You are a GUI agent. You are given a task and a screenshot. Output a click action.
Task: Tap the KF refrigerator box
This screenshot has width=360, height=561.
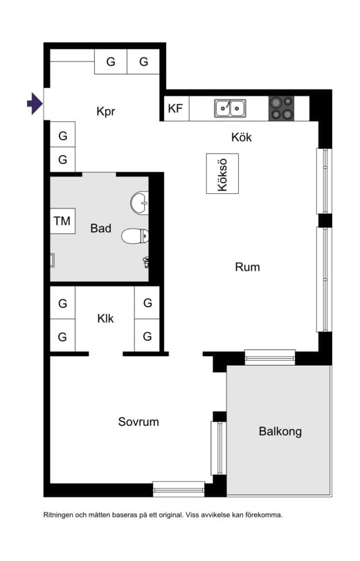175,109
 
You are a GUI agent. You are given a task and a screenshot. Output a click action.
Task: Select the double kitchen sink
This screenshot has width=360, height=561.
229,108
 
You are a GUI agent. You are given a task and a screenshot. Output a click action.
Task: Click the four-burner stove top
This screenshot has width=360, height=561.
281,108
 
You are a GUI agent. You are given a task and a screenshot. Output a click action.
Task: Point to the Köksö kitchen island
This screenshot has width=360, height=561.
222,173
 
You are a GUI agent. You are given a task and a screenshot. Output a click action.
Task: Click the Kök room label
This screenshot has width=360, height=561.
241,137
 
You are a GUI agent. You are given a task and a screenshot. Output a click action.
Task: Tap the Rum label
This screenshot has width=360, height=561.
247,267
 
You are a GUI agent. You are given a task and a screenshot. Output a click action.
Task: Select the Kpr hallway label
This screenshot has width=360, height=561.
106,111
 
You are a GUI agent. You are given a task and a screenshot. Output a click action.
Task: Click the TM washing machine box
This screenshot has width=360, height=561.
62,222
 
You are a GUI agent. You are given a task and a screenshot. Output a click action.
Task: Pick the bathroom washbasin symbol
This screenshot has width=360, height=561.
139,203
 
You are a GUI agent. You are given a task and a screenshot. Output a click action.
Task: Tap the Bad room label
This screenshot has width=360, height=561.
101,228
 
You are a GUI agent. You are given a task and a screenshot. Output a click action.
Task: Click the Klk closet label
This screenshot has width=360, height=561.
105,319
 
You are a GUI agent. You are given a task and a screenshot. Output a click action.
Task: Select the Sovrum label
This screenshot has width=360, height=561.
138,421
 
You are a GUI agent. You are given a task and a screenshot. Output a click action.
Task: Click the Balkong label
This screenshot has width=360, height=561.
280,431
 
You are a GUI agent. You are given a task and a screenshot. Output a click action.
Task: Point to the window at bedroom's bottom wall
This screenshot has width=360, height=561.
179,489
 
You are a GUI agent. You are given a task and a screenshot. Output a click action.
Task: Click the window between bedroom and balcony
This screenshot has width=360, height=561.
218,448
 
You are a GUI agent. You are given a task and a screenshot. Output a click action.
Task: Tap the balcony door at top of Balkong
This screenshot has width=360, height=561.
270,357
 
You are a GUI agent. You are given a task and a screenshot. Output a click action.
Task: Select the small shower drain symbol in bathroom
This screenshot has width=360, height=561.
53,260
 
